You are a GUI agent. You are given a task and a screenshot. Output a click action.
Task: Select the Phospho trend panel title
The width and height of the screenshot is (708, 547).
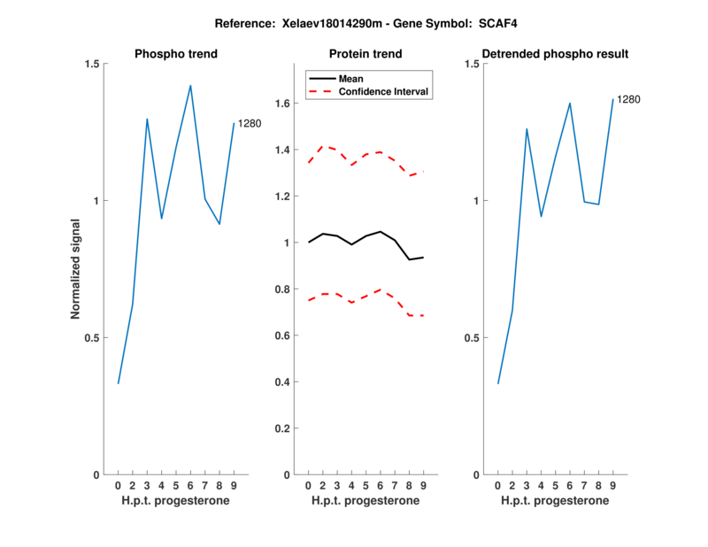click(x=176, y=54)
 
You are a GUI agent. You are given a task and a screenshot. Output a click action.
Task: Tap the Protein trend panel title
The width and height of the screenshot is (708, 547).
click(x=366, y=54)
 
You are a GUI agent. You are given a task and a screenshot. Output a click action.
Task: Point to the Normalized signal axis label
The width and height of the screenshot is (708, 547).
click(x=76, y=268)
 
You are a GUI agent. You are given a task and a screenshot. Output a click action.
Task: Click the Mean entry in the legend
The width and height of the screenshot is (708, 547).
click(x=351, y=78)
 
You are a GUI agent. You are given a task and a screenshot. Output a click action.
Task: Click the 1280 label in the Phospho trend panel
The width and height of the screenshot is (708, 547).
click(x=250, y=123)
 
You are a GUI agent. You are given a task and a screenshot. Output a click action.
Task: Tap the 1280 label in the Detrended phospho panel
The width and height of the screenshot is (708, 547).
click(x=628, y=99)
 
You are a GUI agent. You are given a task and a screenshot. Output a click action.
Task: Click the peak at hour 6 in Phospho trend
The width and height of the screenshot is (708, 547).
click(x=190, y=86)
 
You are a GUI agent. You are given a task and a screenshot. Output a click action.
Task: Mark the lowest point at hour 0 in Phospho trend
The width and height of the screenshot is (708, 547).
click(x=119, y=383)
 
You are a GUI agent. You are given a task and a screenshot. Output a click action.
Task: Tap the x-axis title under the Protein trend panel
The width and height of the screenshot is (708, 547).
click(x=366, y=500)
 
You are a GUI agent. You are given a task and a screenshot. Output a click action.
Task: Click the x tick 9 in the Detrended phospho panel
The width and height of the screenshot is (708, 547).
click(x=612, y=485)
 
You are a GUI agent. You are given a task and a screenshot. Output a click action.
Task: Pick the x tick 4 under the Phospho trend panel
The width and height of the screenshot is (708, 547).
click(x=161, y=485)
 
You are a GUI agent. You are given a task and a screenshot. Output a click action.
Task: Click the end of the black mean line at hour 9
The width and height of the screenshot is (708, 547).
click(x=423, y=258)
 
